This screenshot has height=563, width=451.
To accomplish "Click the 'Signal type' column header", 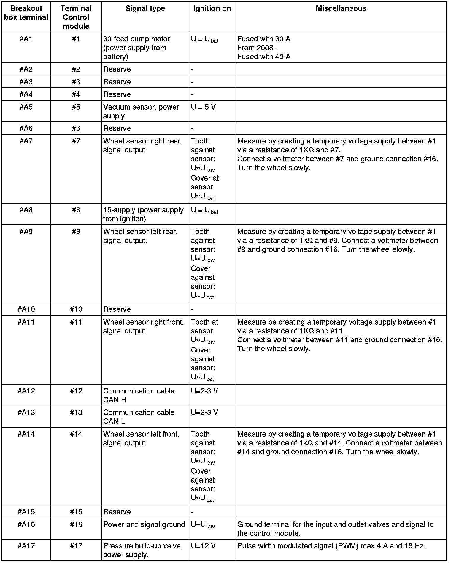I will (145, 9).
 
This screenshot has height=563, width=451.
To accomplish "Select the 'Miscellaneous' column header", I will (341, 9).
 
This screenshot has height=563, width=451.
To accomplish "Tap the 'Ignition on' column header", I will (212, 9).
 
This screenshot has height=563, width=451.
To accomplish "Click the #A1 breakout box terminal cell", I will (26, 39).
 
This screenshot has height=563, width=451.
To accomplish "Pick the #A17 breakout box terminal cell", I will (26, 546).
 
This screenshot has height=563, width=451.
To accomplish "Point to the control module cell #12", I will (76, 391).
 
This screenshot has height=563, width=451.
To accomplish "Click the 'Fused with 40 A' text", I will (264, 57).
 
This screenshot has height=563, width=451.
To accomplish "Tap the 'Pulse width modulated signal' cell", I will (331, 546).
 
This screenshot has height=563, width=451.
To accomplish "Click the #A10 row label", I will (26, 309).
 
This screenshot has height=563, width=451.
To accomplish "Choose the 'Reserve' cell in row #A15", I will (117, 512).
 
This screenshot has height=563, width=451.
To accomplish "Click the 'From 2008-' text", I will (257, 48).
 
